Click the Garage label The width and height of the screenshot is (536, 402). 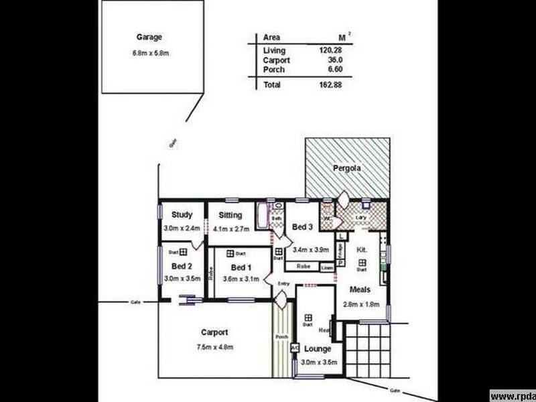tap(149, 38)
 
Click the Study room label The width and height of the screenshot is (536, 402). tap(182, 215)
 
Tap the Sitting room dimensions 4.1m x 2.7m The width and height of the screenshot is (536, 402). tap(230, 228)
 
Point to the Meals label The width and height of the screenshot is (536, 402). tap(360, 290)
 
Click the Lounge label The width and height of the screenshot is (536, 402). tap(318, 349)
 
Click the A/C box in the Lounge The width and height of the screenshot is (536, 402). tap(294, 348)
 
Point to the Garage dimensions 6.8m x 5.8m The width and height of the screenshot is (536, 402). tap(149, 52)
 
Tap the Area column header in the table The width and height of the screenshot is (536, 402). tap(272, 38)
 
